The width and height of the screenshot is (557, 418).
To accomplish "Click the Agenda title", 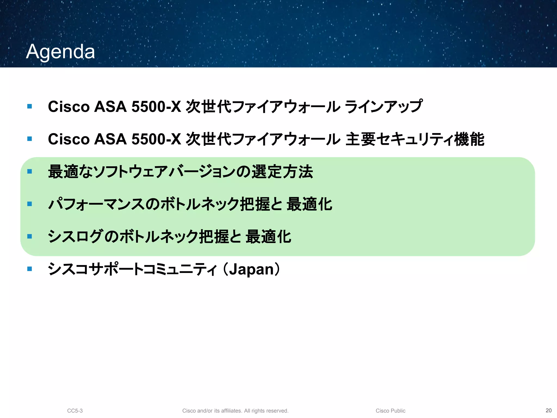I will click(x=60, y=52).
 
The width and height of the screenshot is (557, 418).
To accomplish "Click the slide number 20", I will click(x=549, y=410).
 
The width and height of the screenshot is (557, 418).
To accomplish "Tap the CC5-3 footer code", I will click(x=75, y=411).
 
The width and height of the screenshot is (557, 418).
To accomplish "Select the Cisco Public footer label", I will click(x=390, y=411).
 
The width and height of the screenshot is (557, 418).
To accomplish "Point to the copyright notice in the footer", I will click(x=235, y=411).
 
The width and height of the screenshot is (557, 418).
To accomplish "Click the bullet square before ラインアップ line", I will click(x=30, y=106).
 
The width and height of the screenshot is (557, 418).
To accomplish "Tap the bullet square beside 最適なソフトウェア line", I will click(x=30, y=171).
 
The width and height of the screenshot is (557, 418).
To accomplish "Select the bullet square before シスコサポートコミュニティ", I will click(x=30, y=269).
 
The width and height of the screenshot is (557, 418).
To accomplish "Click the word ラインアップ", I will click(x=383, y=106).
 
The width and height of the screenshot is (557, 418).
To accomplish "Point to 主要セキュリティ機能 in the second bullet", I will click(x=415, y=139).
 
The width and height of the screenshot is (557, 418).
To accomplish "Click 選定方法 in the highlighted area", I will click(x=282, y=172).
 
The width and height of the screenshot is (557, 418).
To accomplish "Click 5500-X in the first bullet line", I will click(x=156, y=106).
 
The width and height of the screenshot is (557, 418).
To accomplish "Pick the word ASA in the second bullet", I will click(x=110, y=139).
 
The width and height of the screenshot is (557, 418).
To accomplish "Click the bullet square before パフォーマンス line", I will click(x=30, y=204).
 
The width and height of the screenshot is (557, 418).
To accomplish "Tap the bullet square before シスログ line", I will click(x=30, y=236).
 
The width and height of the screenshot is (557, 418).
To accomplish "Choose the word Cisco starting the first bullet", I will click(x=69, y=106).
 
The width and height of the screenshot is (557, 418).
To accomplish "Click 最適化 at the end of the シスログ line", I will click(x=268, y=236).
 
